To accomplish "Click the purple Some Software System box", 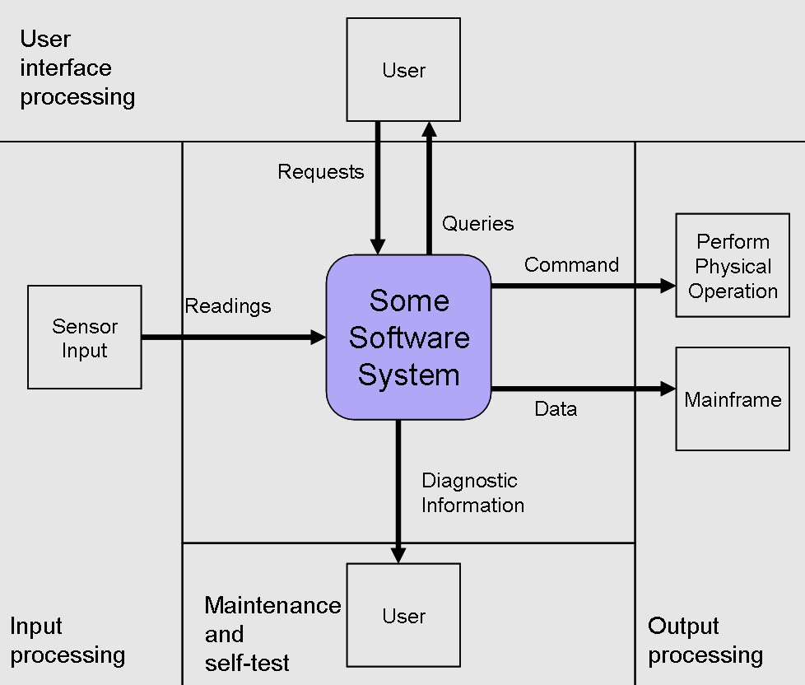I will (x=408, y=338).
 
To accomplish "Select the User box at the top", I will (x=403, y=70).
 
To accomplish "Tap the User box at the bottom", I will (x=403, y=616).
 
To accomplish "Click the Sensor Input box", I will (x=85, y=338).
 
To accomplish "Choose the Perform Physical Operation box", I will (x=733, y=266).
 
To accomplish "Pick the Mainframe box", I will (x=733, y=399).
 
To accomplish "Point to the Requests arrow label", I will (x=320, y=172).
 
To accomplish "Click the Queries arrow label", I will (x=477, y=224).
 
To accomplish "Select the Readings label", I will (x=227, y=306).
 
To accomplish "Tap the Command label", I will (x=571, y=265).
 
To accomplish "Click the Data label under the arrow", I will (x=556, y=409).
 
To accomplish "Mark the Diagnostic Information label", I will (x=472, y=492).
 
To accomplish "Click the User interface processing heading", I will (x=77, y=68).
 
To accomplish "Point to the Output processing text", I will (x=705, y=641).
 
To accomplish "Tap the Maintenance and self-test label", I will (x=272, y=634).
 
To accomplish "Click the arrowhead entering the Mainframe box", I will (x=668, y=389).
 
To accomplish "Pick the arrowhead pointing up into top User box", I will (x=429, y=129).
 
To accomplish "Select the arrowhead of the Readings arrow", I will (x=319, y=337).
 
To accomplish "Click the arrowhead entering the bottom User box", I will (x=398, y=556).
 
